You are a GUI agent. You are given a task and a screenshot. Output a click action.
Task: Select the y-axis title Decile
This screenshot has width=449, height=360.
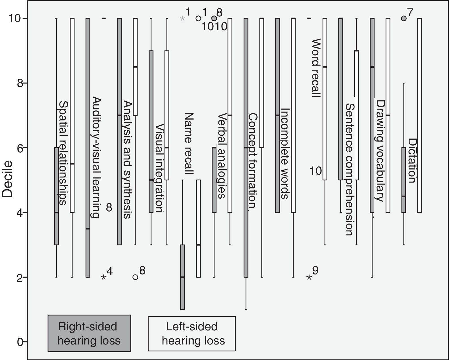click(8, 179)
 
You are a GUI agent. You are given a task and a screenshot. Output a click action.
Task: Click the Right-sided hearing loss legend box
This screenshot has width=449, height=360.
click(89, 333)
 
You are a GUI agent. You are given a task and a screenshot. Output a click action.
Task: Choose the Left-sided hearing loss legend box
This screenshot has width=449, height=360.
click(192, 333)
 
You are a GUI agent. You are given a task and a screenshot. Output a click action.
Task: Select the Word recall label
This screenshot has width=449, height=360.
click(316, 68)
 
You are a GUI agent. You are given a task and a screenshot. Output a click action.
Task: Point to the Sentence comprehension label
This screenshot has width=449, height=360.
click(349, 169)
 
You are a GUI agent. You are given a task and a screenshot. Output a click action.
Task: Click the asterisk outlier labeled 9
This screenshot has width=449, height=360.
click(309, 277)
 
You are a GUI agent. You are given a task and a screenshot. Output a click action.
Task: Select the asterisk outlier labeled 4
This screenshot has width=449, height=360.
click(104, 277)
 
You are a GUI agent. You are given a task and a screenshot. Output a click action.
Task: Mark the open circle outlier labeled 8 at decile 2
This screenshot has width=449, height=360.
click(135, 277)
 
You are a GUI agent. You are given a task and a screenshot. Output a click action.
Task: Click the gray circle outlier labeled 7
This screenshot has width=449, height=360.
click(404, 19)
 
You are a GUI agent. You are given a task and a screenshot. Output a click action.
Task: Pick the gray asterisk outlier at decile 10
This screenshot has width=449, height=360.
click(182, 19)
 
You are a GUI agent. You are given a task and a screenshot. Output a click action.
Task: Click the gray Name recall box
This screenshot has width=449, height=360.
click(183, 277)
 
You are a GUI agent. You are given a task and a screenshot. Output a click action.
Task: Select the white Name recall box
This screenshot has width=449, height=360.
click(198, 229)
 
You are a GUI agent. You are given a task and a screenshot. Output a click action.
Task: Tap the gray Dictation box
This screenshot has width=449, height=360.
click(404, 180)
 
